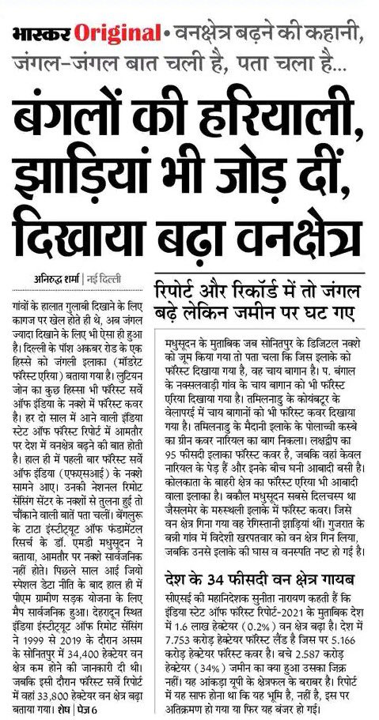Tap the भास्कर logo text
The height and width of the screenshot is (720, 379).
coord(40,36)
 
